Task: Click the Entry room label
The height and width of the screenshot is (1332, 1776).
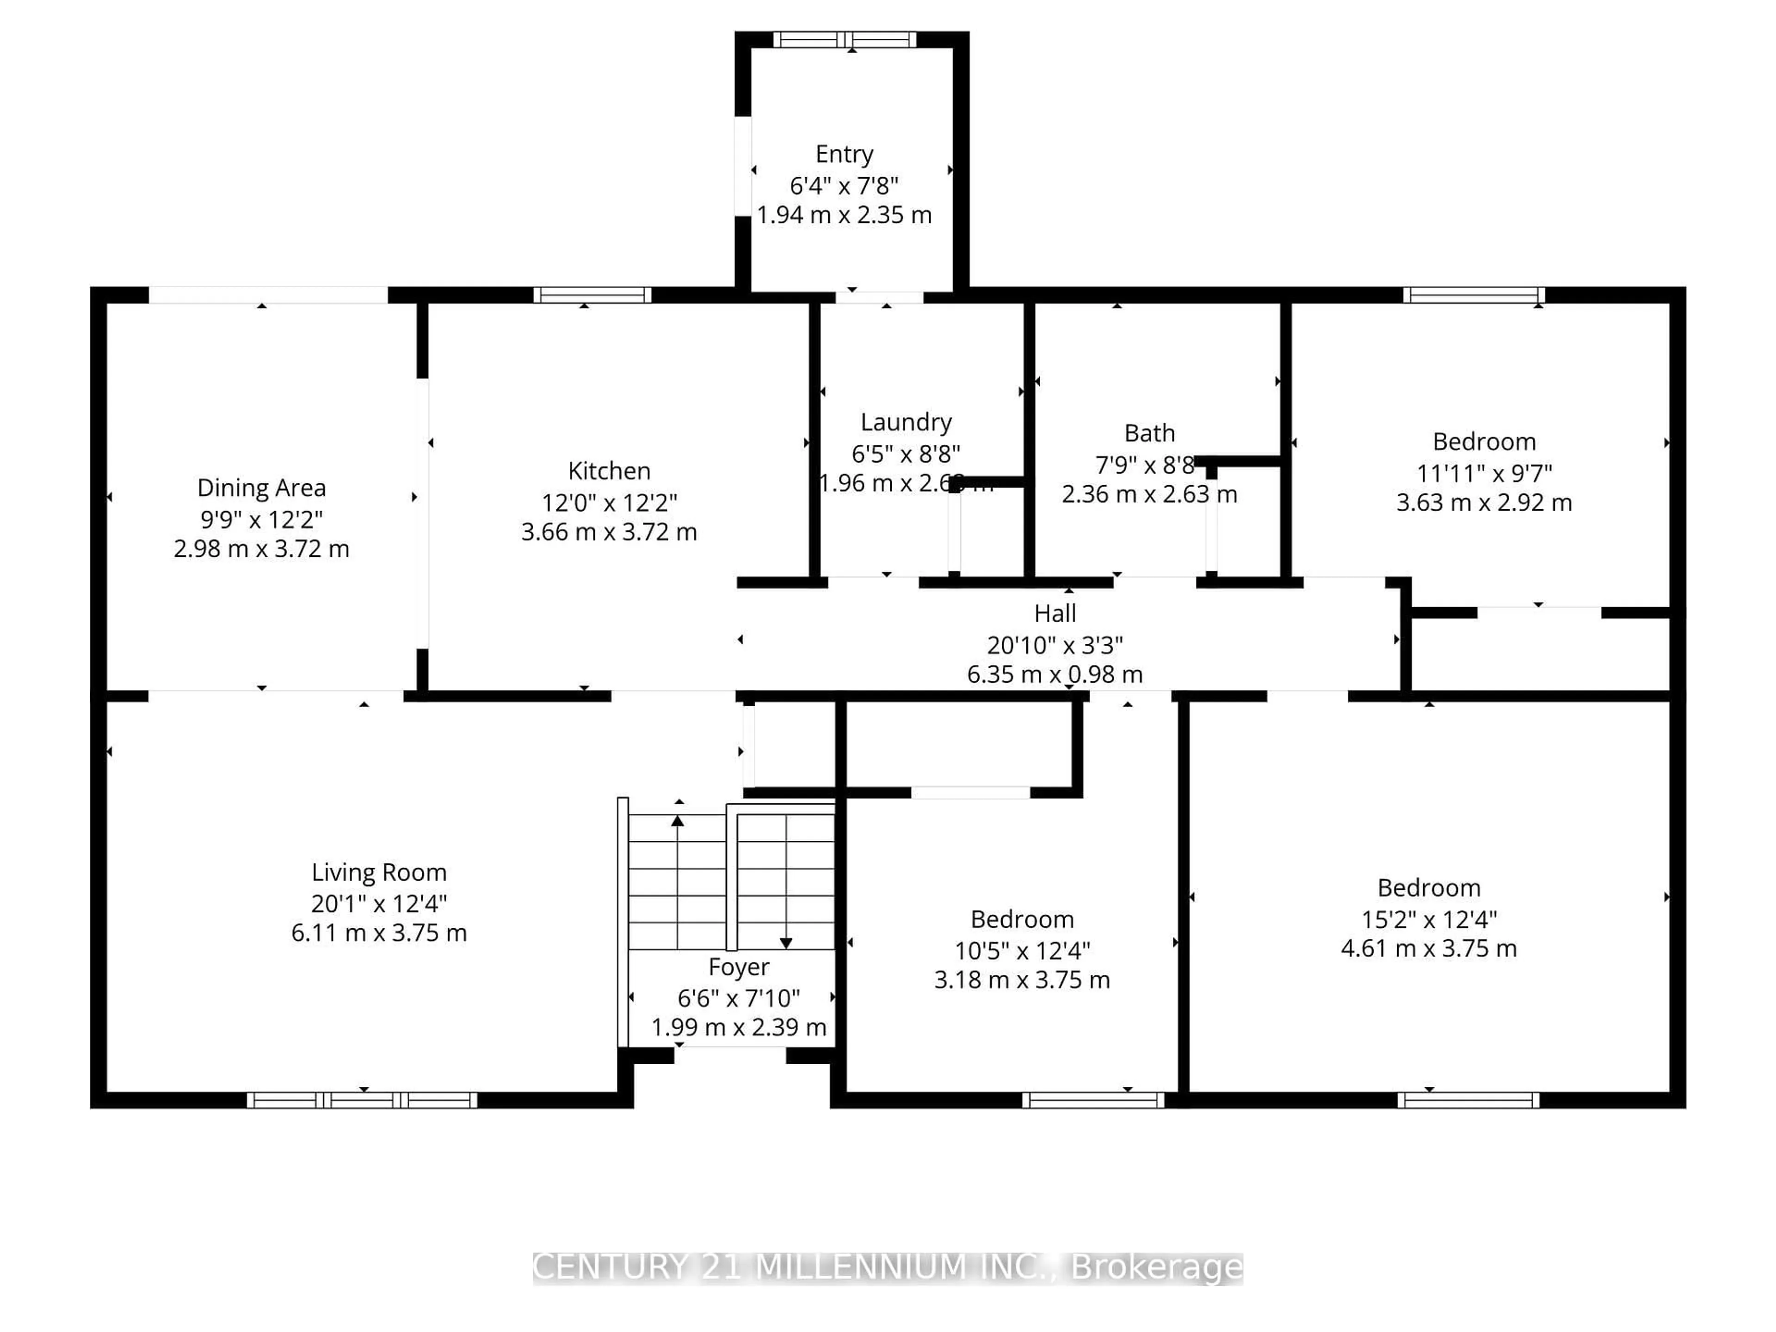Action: click(x=844, y=154)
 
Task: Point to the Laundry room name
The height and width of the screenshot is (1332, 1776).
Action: click(x=906, y=422)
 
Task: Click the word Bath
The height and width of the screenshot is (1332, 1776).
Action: click(x=1149, y=433)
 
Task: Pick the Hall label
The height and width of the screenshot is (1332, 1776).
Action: click(x=1054, y=613)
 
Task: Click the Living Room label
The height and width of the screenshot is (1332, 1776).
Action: click(x=379, y=873)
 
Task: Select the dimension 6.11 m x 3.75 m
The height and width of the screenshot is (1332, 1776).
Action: click(x=379, y=933)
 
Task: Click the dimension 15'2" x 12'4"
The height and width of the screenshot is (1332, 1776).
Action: click(x=1428, y=919)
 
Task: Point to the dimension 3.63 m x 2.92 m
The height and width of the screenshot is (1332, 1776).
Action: click(x=1484, y=503)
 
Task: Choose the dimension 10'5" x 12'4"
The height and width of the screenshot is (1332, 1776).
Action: click(x=1022, y=950)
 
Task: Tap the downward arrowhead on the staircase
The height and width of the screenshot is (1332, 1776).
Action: click(x=786, y=943)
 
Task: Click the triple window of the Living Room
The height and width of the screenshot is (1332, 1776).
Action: click(x=362, y=1100)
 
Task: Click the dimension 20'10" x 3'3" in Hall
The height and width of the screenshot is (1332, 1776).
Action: click(x=1054, y=645)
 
